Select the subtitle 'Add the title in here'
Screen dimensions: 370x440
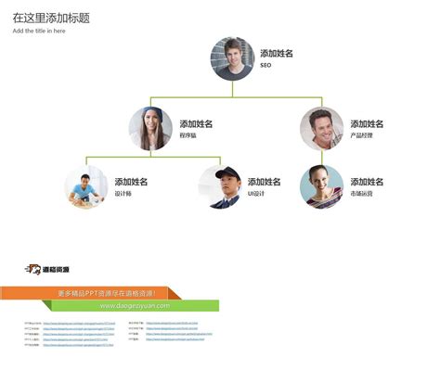click(39, 31)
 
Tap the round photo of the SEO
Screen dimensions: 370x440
click(232, 58)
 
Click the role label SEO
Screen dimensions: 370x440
click(265, 66)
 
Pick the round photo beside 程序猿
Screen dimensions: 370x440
click(150, 129)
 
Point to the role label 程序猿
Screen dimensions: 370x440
click(188, 136)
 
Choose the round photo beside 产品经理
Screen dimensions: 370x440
click(321, 129)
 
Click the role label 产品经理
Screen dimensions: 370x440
click(361, 136)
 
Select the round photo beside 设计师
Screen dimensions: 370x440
click(86, 186)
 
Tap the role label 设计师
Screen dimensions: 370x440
click(123, 194)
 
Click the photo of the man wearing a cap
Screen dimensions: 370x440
click(219, 186)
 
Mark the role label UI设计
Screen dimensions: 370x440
click(256, 194)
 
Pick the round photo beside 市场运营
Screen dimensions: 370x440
click(321, 186)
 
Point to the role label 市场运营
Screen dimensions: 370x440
click(361, 194)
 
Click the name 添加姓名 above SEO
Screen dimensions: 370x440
click(277, 54)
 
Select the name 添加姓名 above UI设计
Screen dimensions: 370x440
click(265, 182)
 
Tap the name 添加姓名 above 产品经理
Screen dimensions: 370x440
click(367, 124)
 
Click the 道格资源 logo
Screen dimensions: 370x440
click(47, 269)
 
